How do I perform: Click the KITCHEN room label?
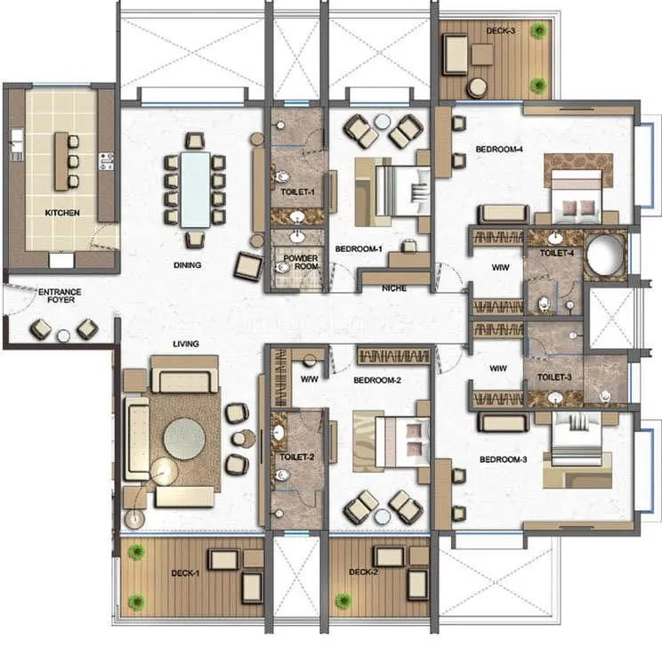tap(62, 213)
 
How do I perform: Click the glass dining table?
tap(194, 190)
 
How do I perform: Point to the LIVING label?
tap(185, 344)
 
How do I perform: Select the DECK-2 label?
tap(364, 572)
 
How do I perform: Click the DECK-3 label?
tap(499, 30)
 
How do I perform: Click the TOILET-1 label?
tap(295, 191)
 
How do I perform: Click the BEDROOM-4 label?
tap(498, 150)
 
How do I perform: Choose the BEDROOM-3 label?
tap(504, 460)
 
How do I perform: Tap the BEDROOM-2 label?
tap(378, 379)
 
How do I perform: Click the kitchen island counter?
tap(61, 161)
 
